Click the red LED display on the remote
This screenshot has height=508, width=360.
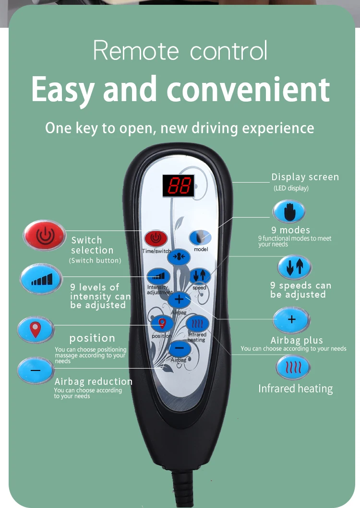click(x=178, y=185)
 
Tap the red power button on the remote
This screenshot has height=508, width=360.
click(x=156, y=238)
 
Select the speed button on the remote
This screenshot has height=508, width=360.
click(x=200, y=276)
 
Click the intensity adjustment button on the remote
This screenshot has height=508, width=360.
click(x=158, y=276)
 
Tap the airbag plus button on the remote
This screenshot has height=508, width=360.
click(x=179, y=300)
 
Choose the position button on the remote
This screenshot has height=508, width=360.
click(x=162, y=324)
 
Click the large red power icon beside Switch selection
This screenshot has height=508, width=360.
click(x=44, y=235)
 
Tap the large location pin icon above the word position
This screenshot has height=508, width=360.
click(x=36, y=329)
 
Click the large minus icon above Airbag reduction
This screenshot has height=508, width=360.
click(x=36, y=370)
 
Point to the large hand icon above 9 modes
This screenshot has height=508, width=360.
click(x=289, y=212)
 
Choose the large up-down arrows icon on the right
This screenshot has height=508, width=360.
click(x=294, y=267)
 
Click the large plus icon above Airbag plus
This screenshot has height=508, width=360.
click(x=291, y=320)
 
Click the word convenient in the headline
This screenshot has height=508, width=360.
click(x=248, y=90)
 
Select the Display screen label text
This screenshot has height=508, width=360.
click(x=305, y=177)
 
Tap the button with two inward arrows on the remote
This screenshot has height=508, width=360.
click(x=179, y=256)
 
